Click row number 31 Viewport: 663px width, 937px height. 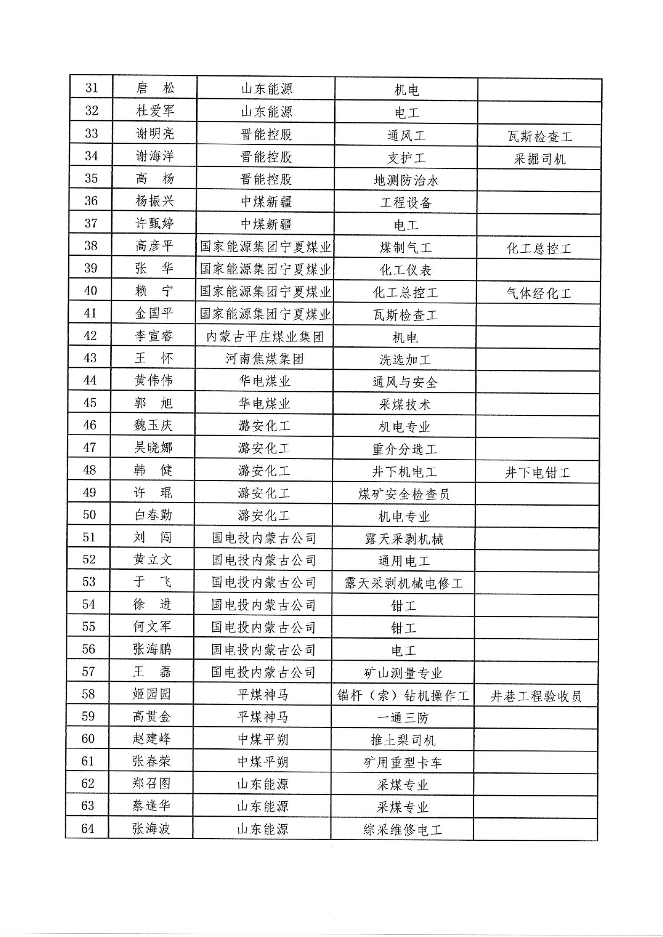[92, 88]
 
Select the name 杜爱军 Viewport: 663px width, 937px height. [155, 111]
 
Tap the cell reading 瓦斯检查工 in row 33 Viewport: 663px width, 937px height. [539, 137]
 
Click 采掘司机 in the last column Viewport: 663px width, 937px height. [539, 159]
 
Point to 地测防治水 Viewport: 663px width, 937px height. [406, 180]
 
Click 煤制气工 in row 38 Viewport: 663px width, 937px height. [405, 248]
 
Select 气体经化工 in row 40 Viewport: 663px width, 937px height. [539, 293]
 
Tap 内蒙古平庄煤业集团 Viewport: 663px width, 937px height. [265, 337]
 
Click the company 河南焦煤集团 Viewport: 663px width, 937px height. [265, 359]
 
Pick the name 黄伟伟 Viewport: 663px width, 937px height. [153, 381]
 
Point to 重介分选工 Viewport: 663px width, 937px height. [405, 450]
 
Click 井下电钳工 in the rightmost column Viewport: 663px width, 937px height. [538, 473]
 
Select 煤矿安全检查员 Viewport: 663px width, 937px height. [404, 494]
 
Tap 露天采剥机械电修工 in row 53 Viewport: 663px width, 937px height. [404, 583]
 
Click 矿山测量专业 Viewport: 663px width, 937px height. [403, 673]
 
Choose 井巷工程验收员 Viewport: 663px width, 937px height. [536, 696]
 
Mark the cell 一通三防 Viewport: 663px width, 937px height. [403, 718]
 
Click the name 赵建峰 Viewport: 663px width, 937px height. [151, 739]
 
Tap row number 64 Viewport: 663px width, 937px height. [88, 828]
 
